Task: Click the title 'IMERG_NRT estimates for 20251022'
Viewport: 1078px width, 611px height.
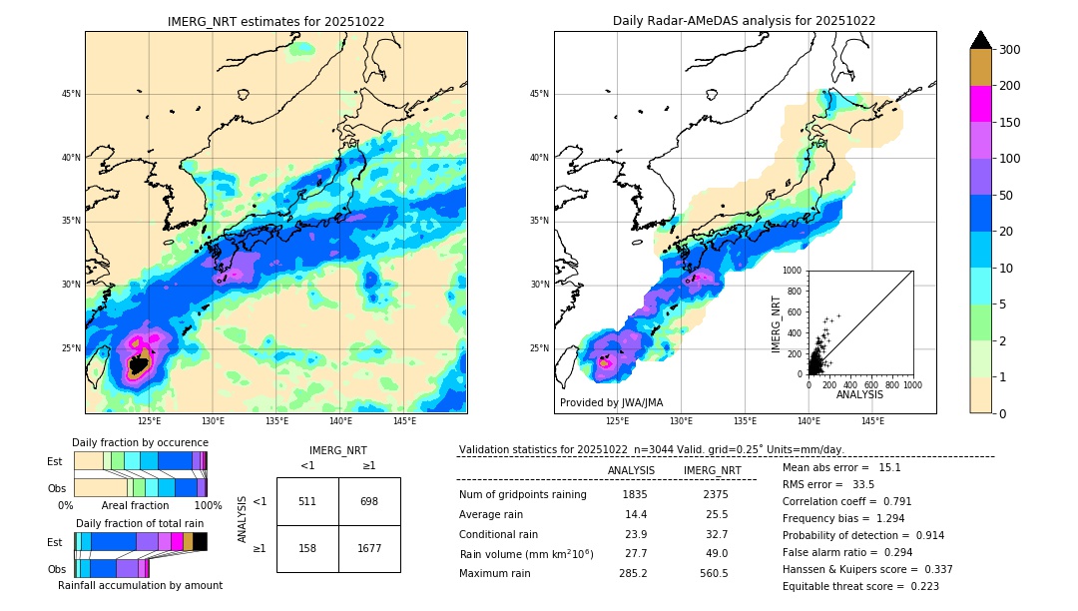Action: click(275, 21)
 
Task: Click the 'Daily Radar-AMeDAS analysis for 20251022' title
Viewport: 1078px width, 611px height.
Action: click(745, 21)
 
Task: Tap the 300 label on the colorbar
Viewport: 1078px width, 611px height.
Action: click(1011, 50)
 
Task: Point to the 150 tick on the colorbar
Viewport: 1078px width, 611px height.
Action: click(1011, 122)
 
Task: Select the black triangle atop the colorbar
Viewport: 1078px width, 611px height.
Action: click(981, 40)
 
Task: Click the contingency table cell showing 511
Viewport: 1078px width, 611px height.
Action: click(307, 501)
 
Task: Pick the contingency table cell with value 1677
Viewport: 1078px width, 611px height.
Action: click(369, 548)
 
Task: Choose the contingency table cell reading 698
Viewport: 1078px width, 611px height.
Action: click(369, 501)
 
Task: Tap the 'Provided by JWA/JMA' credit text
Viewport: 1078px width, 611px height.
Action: click(611, 402)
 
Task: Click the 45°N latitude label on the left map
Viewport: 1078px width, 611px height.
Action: click(70, 94)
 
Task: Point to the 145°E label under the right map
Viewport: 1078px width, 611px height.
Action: click(872, 421)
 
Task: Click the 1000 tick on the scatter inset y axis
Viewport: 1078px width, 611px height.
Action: click(794, 270)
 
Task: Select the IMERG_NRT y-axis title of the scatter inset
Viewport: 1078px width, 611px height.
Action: click(776, 322)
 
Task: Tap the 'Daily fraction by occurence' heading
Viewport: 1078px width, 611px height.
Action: click(140, 442)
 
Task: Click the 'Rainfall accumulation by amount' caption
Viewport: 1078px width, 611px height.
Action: click(140, 585)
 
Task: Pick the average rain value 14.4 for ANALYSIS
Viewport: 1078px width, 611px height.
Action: click(636, 514)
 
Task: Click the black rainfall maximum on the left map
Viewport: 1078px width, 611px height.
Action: click(139, 365)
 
